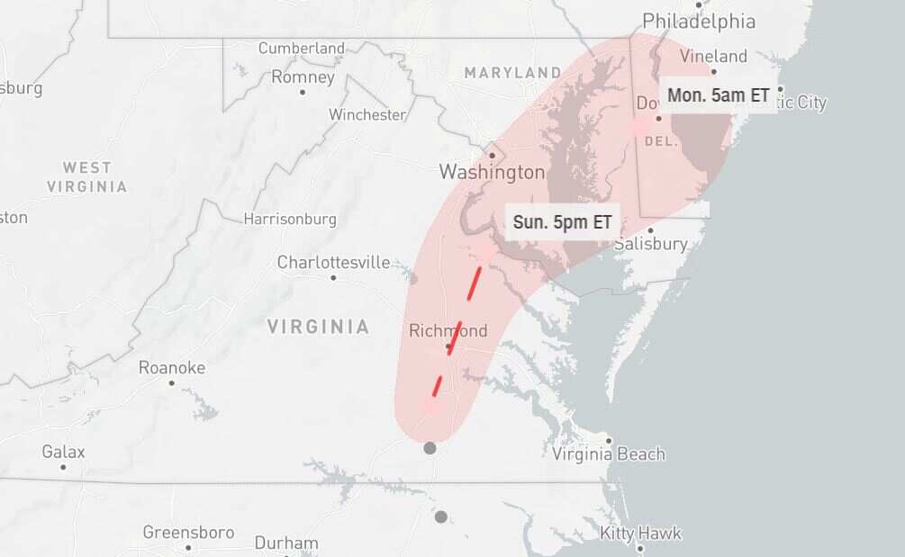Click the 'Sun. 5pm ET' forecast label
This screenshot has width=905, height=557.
563,222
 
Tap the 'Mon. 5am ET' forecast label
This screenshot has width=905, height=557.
718,95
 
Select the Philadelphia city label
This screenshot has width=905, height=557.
699,21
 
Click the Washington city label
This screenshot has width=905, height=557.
492,172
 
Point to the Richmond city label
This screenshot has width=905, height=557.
448,331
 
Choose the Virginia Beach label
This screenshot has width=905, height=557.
609,454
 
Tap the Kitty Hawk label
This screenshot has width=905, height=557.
640,534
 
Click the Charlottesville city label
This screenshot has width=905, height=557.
333,263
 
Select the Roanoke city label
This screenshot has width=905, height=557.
171,368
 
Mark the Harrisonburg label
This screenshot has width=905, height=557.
290,219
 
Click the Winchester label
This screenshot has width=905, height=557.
367,115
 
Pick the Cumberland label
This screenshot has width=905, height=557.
301,49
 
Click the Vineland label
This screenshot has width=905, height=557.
713,57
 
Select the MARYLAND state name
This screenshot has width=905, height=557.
512,72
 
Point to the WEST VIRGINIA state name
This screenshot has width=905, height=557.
86,177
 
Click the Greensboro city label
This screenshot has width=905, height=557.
187,533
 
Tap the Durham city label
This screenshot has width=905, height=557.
285,543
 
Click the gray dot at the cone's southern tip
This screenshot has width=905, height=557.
430,448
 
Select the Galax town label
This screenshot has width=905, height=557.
63,452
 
